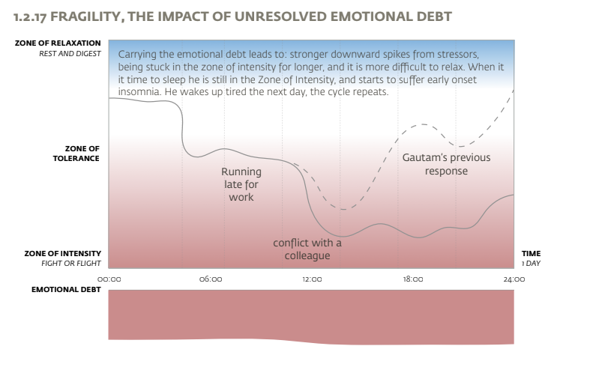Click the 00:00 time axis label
coord(109,279)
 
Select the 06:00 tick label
coord(211,279)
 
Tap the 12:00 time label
coord(312,279)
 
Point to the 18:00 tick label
coord(413,279)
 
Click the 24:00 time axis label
coord(514,279)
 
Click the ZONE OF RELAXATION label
coord(58,43)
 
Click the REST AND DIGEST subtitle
coord(70,53)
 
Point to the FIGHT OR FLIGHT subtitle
coord(71,264)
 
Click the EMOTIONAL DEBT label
coord(67,289)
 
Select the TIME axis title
coord(531,254)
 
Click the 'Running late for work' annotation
coord(241,184)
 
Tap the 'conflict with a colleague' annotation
coord(307,249)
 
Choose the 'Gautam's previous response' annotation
coord(446,164)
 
